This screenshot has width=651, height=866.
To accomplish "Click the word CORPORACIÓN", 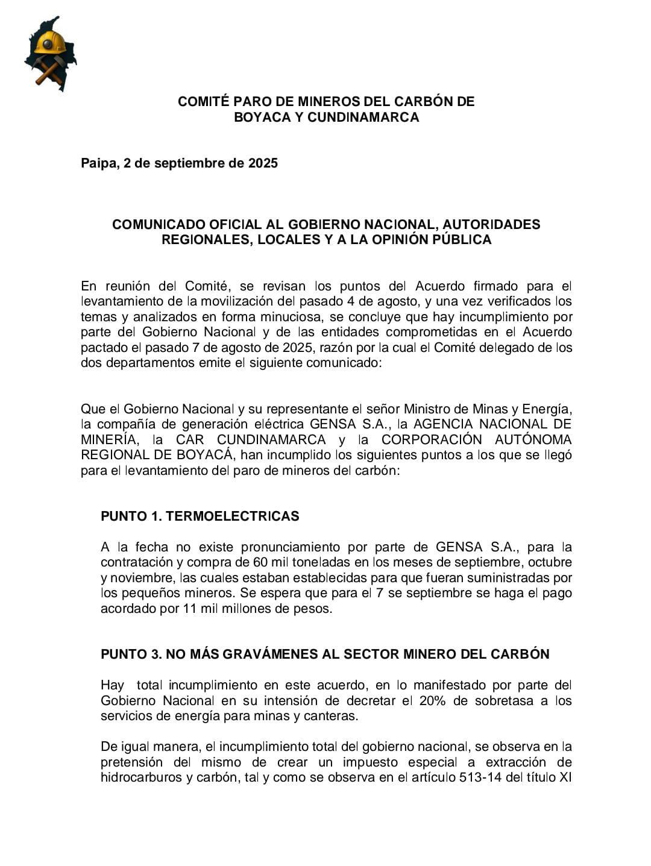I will click(x=432, y=440).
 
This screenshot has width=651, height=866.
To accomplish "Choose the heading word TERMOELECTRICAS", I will click(x=232, y=516).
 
